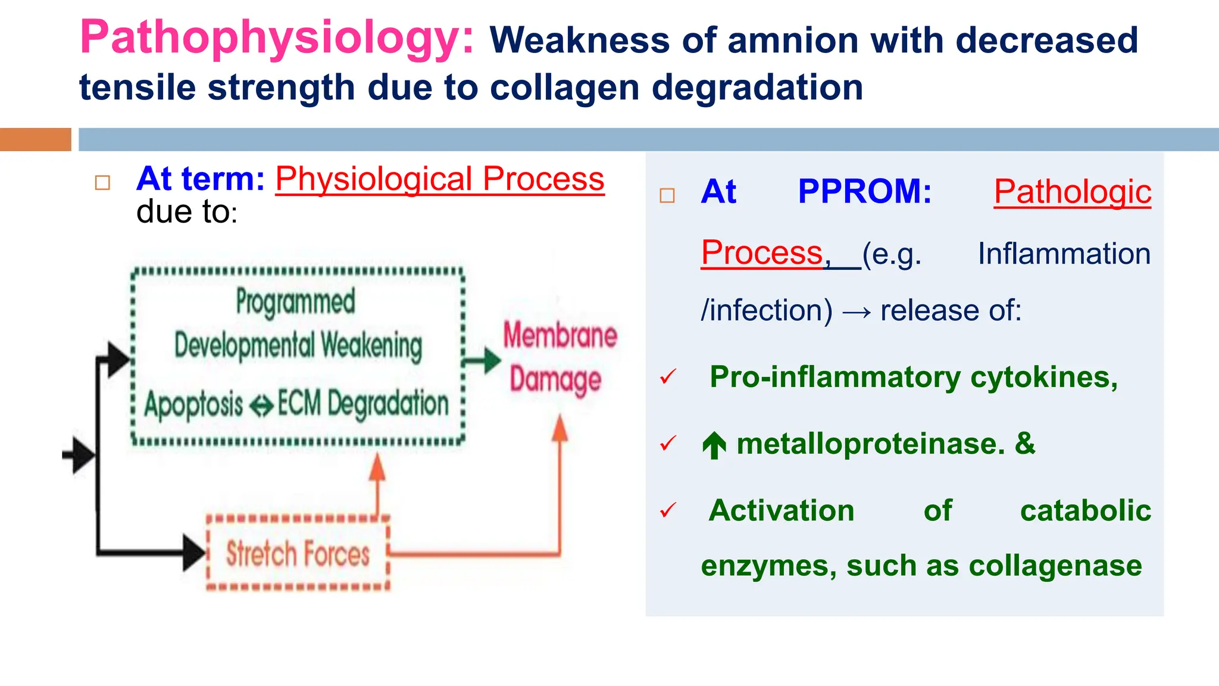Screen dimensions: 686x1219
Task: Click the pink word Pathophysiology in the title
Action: (x=277, y=38)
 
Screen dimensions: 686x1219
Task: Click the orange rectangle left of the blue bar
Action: (x=35, y=139)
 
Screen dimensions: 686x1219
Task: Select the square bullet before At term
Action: (x=102, y=182)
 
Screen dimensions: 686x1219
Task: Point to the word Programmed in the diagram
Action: (x=295, y=301)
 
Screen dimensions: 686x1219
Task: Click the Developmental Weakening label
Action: (x=298, y=345)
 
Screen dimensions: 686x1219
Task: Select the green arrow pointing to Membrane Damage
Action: (x=483, y=360)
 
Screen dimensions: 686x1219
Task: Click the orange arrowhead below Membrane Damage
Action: (x=560, y=428)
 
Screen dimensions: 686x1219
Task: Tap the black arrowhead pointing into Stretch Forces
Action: (x=193, y=553)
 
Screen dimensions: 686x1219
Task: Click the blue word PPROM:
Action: (x=864, y=192)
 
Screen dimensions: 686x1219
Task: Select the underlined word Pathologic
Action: (x=1072, y=192)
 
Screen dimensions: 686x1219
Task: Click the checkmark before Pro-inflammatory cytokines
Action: (x=668, y=377)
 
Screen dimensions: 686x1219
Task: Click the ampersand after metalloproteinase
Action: (x=1025, y=444)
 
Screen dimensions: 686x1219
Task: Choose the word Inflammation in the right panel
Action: (x=1064, y=254)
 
